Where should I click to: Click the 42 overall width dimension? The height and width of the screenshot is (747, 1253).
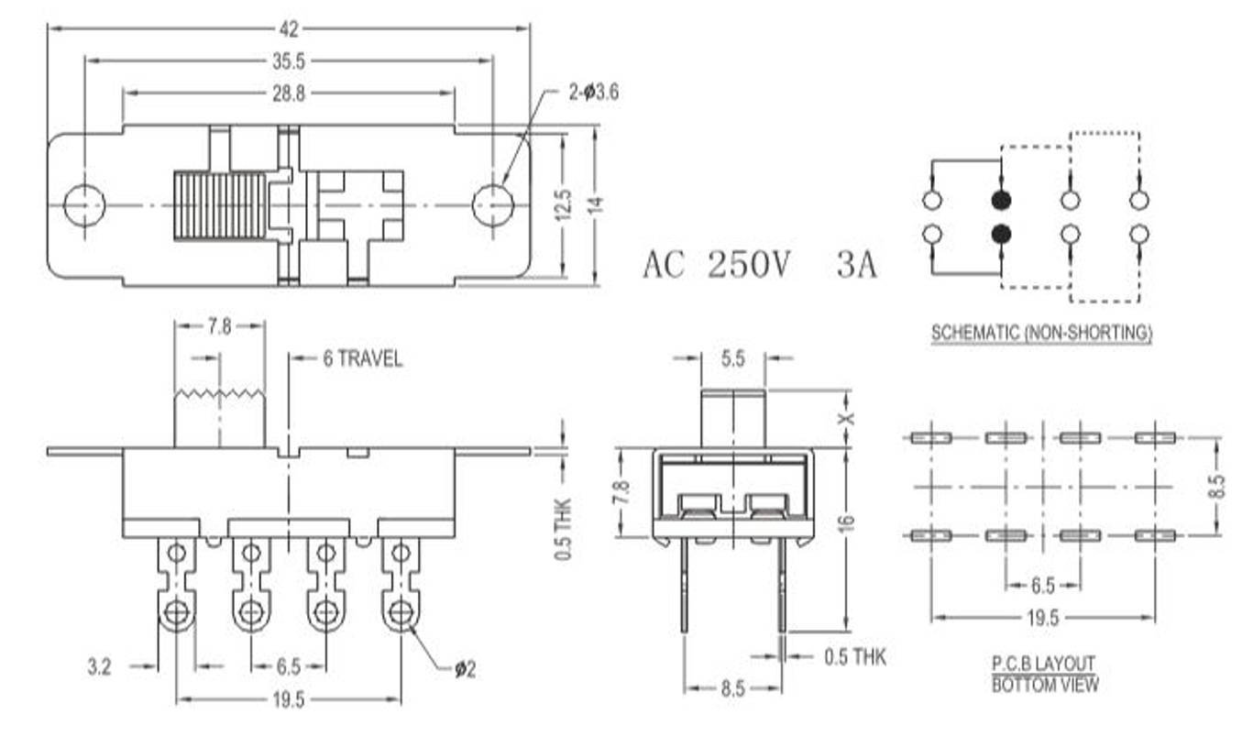pyautogui.click(x=289, y=29)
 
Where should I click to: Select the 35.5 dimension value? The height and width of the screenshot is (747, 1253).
pyautogui.click(x=288, y=61)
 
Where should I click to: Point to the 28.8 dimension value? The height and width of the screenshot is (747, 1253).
pyautogui.click(x=288, y=93)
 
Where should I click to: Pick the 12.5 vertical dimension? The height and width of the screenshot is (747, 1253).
pyautogui.click(x=563, y=204)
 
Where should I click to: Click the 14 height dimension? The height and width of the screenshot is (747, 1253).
pyautogui.click(x=597, y=204)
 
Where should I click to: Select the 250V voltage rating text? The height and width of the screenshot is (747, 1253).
pyautogui.click(x=748, y=265)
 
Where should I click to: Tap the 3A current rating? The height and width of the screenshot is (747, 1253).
pyautogui.click(x=856, y=265)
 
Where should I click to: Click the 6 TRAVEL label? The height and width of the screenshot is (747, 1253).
pyautogui.click(x=362, y=359)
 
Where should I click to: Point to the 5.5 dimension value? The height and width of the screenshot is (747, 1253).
pyautogui.click(x=732, y=360)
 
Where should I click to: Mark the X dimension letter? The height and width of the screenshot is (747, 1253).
pyautogui.click(x=847, y=418)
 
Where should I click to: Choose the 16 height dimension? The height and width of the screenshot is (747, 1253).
pyautogui.click(x=847, y=522)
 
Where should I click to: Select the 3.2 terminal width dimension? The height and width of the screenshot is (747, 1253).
pyautogui.click(x=100, y=667)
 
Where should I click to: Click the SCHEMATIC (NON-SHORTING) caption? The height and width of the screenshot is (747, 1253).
pyautogui.click(x=1041, y=334)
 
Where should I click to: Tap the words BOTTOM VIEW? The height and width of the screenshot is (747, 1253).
pyautogui.click(x=1044, y=684)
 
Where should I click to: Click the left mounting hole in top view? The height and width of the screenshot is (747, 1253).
pyautogui.click(x=84, y=205)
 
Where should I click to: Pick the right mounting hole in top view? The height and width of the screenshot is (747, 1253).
pyautogui.click(x=493, y=205)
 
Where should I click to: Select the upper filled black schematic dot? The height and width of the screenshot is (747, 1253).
pyautogui.click(x=1001, y=200)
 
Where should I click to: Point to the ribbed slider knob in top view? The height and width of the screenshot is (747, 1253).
pyautogui.click(x=220, y=205)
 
